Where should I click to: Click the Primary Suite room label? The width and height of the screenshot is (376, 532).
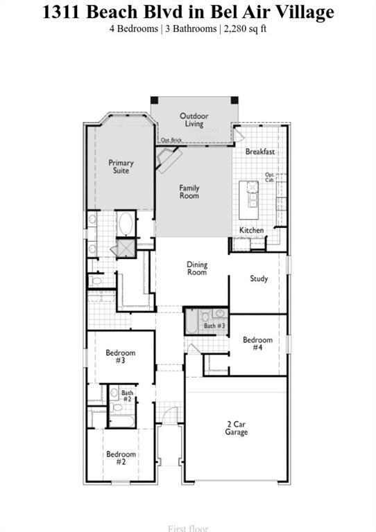point(121,166)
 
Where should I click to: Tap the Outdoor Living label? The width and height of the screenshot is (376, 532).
point(194,120)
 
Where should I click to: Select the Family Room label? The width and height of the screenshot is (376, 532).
point(189,191)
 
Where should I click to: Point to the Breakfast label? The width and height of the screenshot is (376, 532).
point(259,152)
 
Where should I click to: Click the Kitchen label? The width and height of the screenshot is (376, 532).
point(251,230)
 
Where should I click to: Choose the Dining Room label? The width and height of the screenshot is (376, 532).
point(197,268)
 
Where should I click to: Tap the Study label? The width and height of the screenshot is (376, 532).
point(259,278)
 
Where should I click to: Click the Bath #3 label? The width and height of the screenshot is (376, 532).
point(214,326)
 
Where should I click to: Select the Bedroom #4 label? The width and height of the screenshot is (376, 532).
point(257,344)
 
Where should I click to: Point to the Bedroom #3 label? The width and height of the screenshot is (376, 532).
point(120,357)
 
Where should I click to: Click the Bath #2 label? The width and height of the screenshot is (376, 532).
point(127,396)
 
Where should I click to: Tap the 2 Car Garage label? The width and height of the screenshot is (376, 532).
point(236,428)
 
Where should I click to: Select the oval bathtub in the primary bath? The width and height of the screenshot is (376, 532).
point(126,224)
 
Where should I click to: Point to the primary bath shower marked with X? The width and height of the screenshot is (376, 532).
point(126,248)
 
